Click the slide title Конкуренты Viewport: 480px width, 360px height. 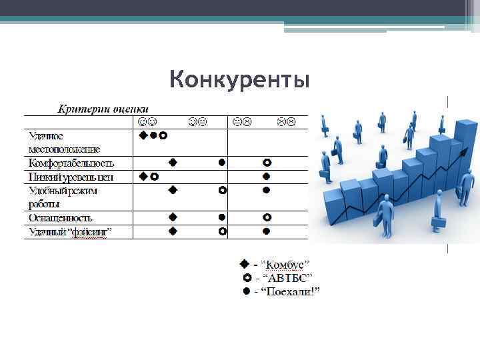(x=239, y=80)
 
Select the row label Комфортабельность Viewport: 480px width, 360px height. (x=71, y=163)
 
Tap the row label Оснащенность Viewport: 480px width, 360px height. (x=60, y=217)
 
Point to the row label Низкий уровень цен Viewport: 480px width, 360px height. (x=71, y=177)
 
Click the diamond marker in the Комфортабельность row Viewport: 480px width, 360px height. (x=173, y=162)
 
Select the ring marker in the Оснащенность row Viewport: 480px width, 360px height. (x=267, y=217)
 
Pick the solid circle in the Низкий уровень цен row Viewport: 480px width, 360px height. (x=266, y=177)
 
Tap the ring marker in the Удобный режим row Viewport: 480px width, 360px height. (x=222, y=190)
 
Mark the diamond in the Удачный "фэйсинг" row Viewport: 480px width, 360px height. (x=173, y=231)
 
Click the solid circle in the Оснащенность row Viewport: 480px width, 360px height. (x=222, y=217)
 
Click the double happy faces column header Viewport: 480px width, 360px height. (x=148, y=122)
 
